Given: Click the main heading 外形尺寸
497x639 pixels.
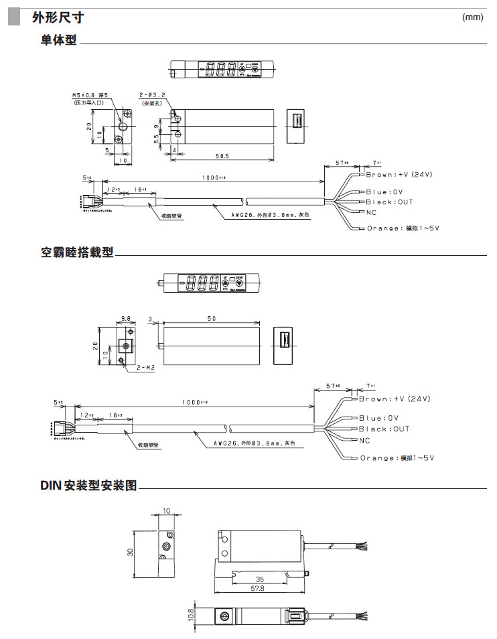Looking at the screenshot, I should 58,17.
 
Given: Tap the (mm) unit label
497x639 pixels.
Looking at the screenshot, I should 472,17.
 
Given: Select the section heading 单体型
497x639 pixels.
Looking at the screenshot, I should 59,41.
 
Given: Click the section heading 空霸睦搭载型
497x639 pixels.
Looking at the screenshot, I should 77,253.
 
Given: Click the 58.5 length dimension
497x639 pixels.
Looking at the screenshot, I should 222,155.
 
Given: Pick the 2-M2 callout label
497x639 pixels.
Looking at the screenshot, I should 145,368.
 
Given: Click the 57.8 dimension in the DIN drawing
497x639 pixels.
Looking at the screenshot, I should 257,589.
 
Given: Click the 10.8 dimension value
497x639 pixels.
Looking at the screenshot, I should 190,614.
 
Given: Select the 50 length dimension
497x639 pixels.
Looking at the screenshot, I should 211,319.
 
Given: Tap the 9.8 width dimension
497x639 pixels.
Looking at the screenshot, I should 125,319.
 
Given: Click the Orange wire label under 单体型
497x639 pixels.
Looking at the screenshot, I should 403,228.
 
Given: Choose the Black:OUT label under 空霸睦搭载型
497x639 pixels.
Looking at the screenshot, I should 384,429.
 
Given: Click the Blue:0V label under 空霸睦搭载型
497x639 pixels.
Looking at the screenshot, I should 380,417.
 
